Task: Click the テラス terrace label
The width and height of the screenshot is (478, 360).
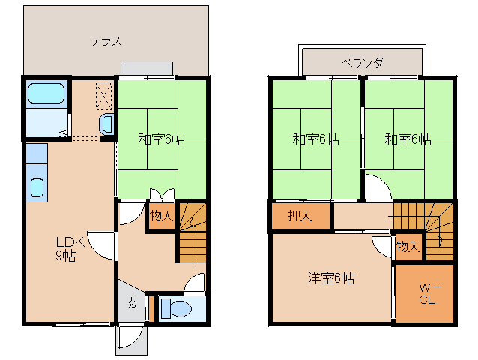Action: (106, 41)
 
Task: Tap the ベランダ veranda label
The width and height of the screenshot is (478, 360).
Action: (362, 63)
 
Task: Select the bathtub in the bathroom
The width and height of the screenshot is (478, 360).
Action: (46, 93)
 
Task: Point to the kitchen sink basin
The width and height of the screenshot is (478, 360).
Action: (37, 187)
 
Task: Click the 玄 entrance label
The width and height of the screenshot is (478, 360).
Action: (132, 303)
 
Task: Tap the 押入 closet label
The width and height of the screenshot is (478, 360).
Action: (300, 216)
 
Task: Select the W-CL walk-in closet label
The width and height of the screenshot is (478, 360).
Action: (430, 293)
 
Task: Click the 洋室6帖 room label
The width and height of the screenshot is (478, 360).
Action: (331, 278)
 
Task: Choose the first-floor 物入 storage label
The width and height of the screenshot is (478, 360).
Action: (161, 216)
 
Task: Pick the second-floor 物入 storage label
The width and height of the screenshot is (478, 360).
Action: (408, 246)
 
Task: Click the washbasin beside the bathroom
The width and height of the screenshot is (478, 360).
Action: (106, 124)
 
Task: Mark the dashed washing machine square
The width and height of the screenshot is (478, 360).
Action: (104, 95)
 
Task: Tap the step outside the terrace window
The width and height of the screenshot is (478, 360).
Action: (147, 68)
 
